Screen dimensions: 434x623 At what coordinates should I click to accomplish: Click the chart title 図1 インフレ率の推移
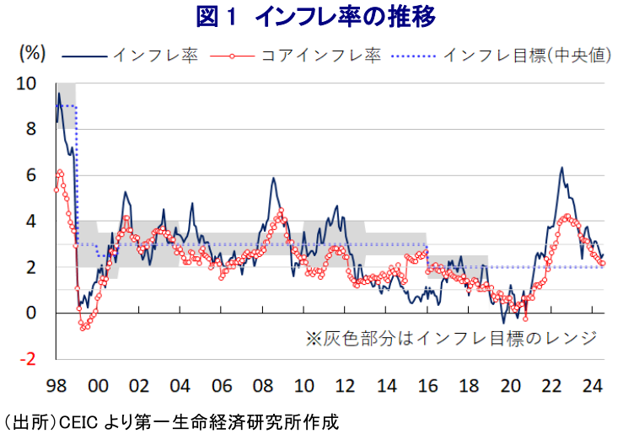312,15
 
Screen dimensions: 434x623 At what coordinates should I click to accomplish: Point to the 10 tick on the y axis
26,83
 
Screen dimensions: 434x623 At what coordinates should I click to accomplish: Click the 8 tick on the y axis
31,130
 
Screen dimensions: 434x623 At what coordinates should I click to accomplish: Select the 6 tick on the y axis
31,175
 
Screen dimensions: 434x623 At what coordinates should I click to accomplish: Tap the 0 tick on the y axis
31,313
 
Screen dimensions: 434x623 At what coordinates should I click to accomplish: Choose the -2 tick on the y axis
28,359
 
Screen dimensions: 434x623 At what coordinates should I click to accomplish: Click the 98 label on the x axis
56,386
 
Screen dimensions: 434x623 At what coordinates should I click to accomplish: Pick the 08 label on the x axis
263,386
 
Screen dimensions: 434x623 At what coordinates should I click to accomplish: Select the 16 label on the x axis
427,386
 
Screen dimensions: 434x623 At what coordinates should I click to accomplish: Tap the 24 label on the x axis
593,386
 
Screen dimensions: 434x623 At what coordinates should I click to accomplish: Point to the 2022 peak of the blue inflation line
561,168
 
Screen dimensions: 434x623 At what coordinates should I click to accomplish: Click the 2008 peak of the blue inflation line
273,179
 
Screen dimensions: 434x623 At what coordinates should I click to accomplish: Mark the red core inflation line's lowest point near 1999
83,328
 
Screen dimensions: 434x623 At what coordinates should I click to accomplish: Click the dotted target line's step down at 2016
427,257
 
